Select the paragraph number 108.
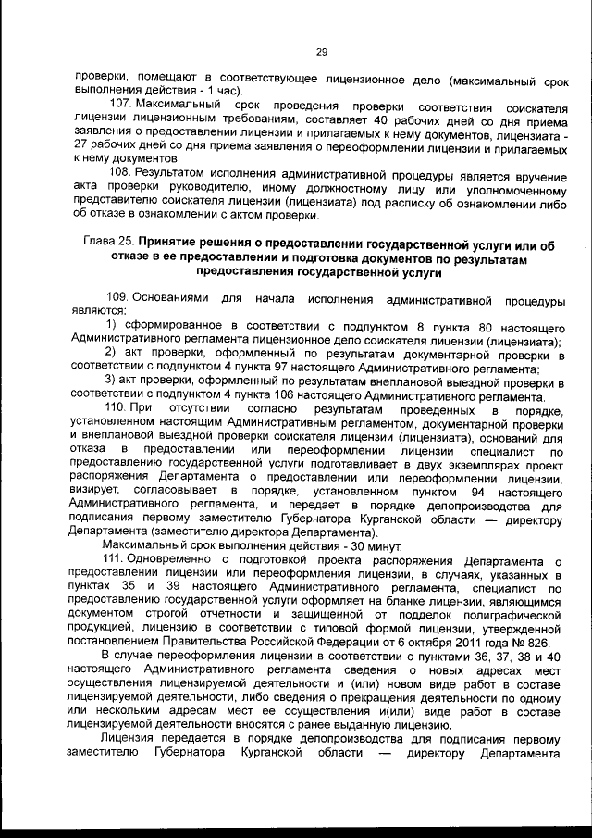tap(119, 174)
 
